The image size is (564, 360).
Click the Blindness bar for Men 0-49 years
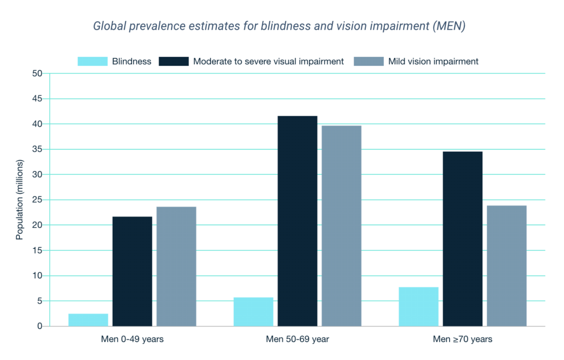[88, 320]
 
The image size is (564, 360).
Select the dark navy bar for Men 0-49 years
[132, 271]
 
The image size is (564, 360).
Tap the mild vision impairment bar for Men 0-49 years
[176, 266]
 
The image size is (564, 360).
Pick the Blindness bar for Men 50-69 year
[254, 312]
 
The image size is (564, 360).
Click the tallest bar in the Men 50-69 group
[297, 221]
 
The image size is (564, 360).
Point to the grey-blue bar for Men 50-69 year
[341, 226]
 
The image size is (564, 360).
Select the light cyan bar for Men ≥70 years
[418, 306]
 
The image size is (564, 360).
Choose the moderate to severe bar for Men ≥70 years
[463, 239]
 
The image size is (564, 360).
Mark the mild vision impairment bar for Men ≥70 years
[507, 266]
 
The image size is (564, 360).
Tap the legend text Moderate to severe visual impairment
[268, 61]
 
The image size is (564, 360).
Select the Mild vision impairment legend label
[433, 61]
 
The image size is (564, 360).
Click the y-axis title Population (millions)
[20, 200]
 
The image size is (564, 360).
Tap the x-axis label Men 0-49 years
[132, 339]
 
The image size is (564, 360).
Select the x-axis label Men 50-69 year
[297, 339]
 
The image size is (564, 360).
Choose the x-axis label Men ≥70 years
[463, 339]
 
